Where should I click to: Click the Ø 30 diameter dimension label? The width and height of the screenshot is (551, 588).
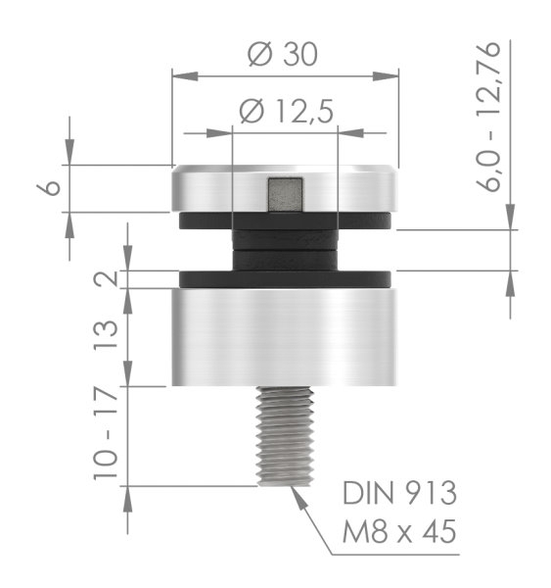pyautogui.click(x=285, y=55)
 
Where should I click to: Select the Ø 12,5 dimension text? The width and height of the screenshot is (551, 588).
pyautogui.click(x=285, y=113)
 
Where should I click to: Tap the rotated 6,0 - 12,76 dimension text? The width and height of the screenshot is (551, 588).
pyautogui.click(x=499, y=118)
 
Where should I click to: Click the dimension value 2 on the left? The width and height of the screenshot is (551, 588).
pyautogui.click(x=109, y=279)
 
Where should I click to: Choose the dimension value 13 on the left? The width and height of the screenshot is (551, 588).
pyautogui.click(x=109, y=337)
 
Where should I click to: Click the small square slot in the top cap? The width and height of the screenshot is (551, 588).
pyautogui.click(x=285, y=194)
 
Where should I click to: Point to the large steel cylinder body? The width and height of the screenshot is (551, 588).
pyautogui.click(x=285, y=337)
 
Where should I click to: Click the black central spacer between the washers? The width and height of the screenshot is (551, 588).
pyautogui.click(x=285, y=249)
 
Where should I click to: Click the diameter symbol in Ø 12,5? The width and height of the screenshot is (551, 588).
pyautogui.click(x=251, y=113)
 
